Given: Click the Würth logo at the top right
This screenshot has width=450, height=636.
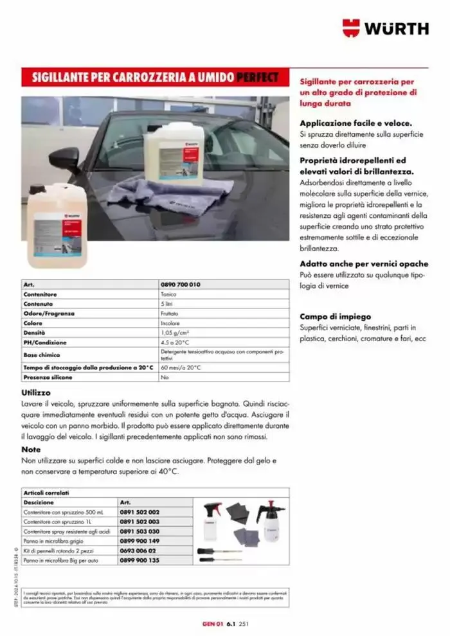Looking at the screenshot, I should click(385, 28).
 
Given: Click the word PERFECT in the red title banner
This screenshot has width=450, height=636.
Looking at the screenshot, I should click(257, 78).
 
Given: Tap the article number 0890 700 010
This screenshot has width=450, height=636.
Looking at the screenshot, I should click(180, 284).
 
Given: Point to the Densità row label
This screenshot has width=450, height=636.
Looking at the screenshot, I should click(34, 333).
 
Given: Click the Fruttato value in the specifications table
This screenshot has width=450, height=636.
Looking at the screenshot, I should click(170, 314).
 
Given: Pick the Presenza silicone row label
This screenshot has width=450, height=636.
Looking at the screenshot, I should click(48, 378).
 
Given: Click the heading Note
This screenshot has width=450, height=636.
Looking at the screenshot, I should click(31, 450).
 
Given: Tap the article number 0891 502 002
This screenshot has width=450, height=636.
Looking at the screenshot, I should click(140, 512).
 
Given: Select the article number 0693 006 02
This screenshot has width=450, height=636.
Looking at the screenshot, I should click(138, 551).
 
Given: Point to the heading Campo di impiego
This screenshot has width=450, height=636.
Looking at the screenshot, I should click(334, 316).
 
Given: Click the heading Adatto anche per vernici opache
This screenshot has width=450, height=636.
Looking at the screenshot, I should click(364, 264).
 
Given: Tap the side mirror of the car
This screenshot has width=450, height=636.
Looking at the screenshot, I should click(64, 159).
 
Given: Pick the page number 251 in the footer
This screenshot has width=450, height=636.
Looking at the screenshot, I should click(244, 623).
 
